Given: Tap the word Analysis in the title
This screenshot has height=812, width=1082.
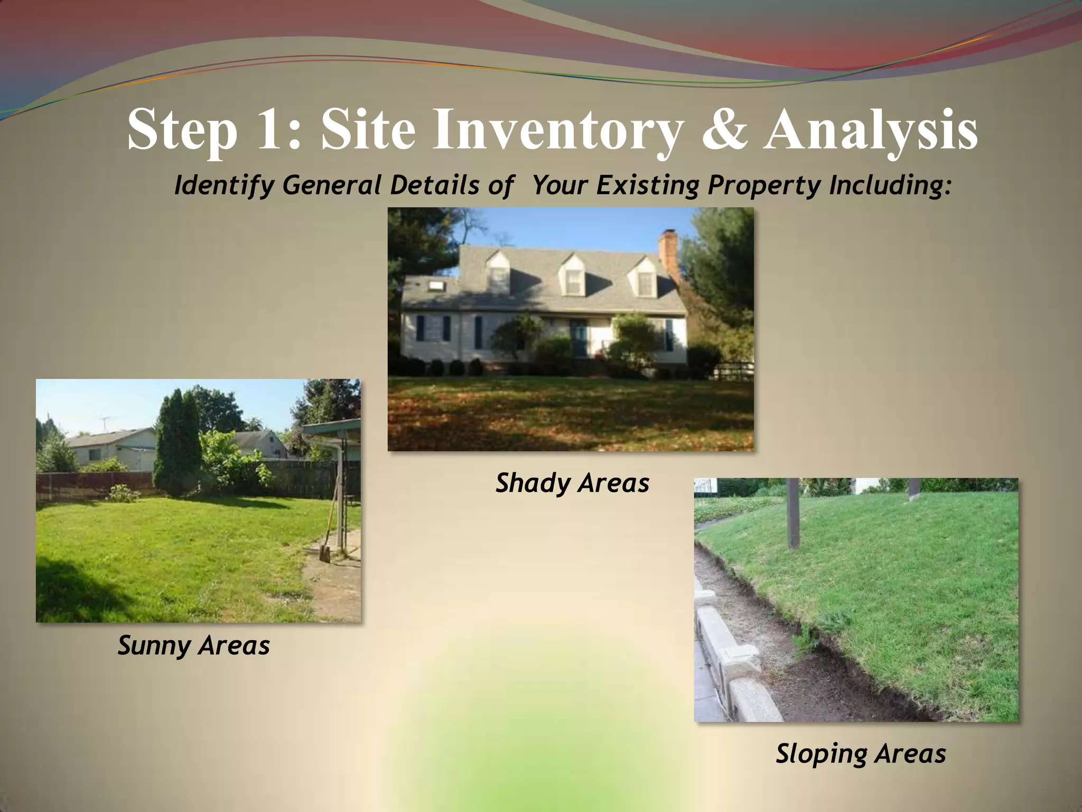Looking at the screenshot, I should point(871,130).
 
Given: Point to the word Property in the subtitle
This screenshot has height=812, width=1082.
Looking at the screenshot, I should point(763,185).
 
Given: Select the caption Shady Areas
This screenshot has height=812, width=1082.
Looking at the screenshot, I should point(572,483).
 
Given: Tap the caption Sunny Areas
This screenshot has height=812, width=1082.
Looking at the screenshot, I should point(193,645).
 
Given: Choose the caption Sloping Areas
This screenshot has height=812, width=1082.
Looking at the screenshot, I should point(861,753).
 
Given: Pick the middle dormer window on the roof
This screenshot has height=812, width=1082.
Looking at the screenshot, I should point(573,278).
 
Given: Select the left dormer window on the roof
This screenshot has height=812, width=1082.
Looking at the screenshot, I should point(498,275).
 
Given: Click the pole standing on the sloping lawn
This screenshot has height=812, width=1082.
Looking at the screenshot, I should point(792,513).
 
